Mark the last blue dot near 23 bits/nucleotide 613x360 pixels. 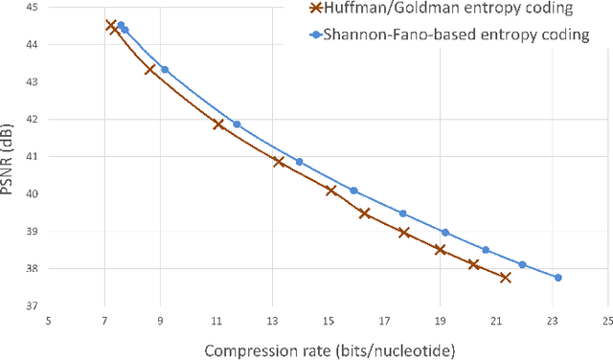558,278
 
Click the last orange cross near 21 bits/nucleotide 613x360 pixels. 505,278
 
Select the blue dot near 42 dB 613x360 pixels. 237,124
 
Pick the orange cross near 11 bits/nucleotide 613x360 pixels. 218,124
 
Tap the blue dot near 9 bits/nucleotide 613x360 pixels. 165,70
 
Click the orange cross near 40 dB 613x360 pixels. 331,191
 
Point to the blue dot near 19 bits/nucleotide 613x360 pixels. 444,232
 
